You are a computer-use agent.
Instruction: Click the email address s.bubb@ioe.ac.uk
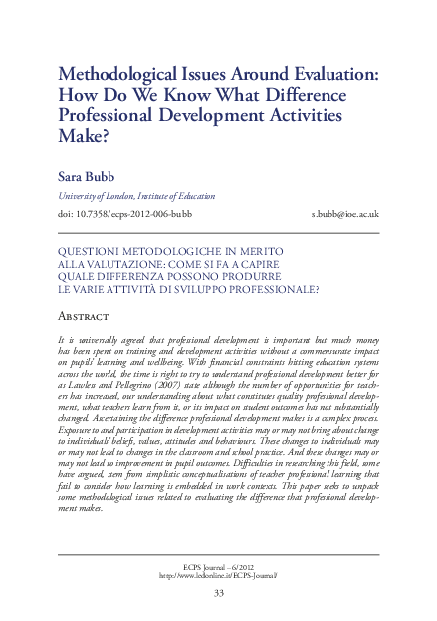tap(345, 214)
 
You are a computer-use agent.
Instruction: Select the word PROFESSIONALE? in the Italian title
tap(271, 289)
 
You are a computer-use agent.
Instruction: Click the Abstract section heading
tap(90, 317)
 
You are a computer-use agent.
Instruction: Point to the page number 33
tap(219, 593)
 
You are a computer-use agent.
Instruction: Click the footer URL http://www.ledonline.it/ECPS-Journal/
tap(219, 574)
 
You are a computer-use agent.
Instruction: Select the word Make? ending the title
tap(83, 141)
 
